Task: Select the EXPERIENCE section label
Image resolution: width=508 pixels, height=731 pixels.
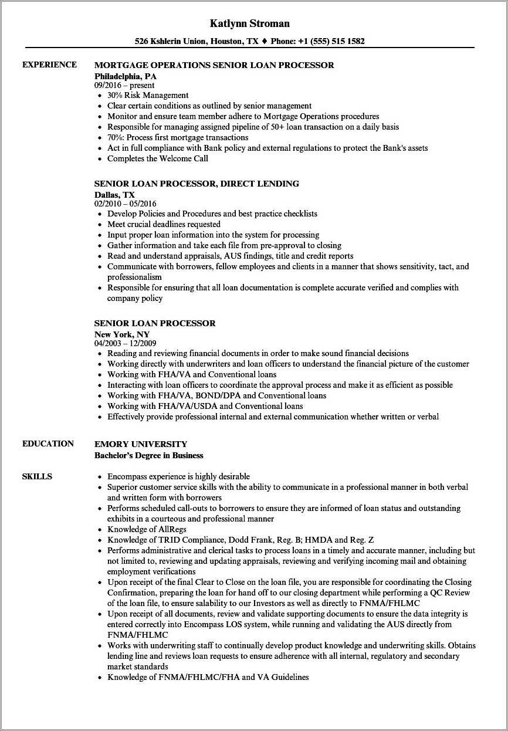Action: pyautogui.click(x=49, y=65)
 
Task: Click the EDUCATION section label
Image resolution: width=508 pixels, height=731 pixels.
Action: pyautogui.click(x=48, y=444)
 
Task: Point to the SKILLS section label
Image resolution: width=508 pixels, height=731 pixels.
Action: pyautogui.click(x=37, y=476)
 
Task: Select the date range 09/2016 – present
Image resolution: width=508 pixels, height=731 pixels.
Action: pyautogui.click(x=124, y=85)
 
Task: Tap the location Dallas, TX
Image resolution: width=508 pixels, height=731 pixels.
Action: pyautogui.click(x=114, y=194)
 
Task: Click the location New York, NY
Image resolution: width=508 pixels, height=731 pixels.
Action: pyautogui.click(x=122, y=334)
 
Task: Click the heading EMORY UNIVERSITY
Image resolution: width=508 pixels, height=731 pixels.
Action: pyautogui.click(x=141, y=444)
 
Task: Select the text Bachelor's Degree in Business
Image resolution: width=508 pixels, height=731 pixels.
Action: pyautogui.click(x=149, y=455)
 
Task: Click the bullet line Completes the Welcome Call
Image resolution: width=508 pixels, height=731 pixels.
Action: pyautogui.click(x=157, y=158)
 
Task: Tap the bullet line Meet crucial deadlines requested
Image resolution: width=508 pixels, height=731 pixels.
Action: pyautogui.click(x=164, y=224)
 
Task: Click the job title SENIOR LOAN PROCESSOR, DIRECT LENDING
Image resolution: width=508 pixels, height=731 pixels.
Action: pyautogui.click(x=197, y=184)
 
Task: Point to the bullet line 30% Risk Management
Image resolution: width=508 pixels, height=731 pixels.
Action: pyautogui.click(x=148, y=95)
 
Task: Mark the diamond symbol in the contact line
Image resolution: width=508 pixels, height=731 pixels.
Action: pyautogui.click(x=265, y=42)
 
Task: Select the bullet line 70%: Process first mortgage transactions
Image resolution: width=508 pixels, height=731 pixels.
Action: pyautogui.click(x=178, y=137)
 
